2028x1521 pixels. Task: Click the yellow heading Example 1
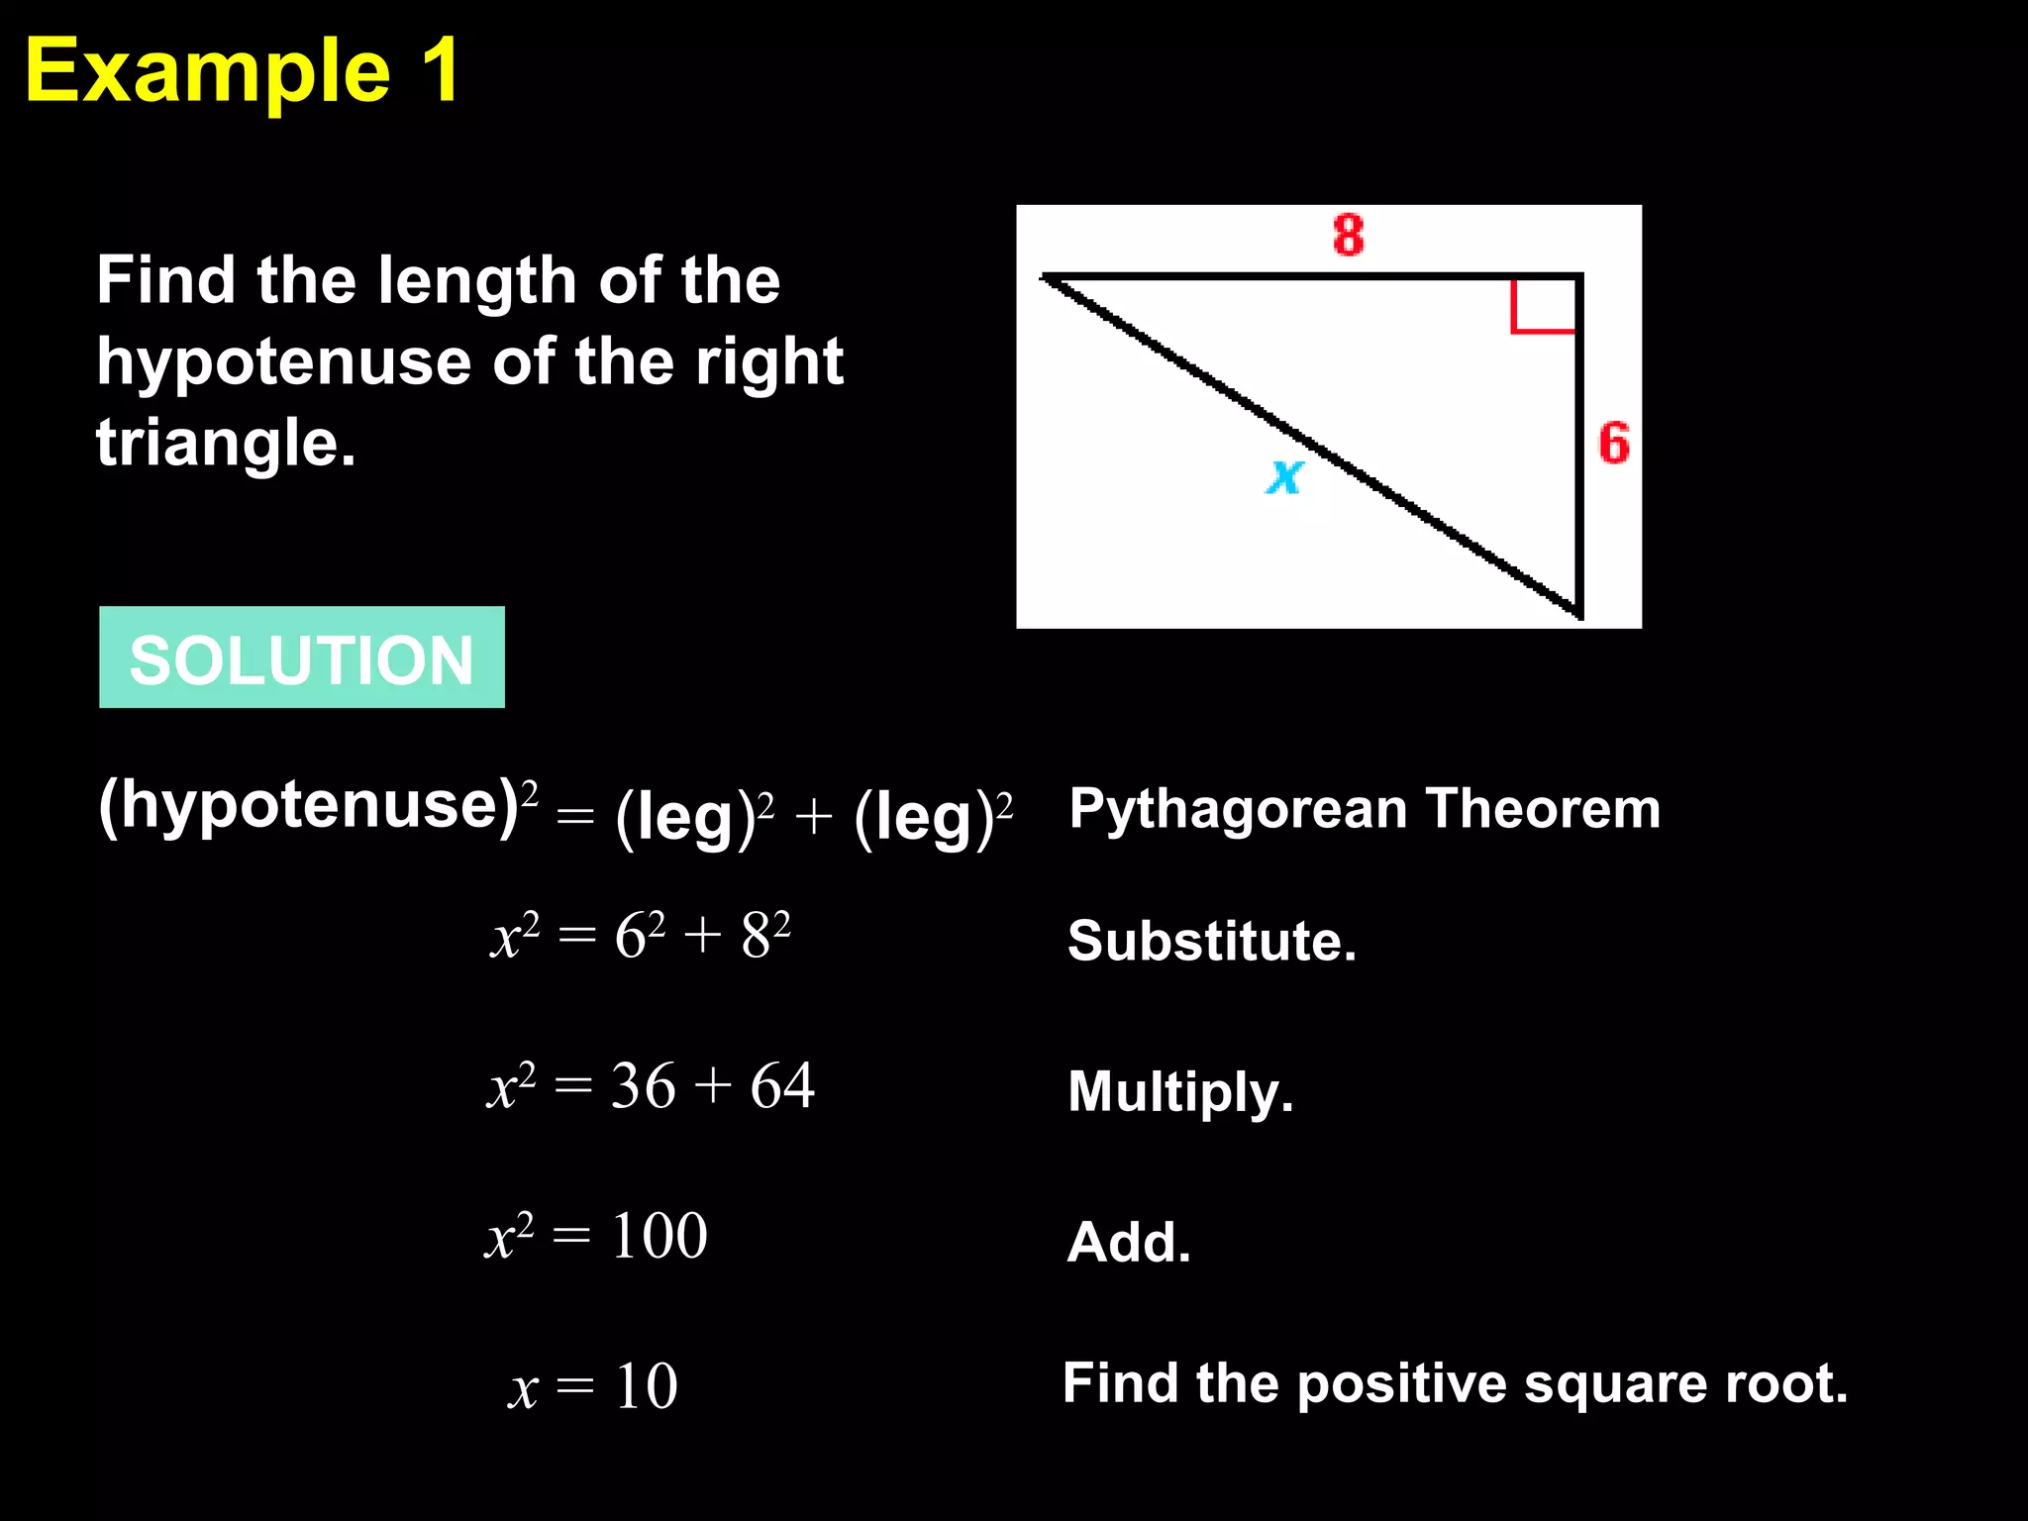coord(243,71)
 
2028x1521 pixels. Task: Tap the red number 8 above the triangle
coord(1348,236)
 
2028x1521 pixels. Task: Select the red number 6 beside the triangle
coord(1614,443)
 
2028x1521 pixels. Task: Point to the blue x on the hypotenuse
coord(1285,476)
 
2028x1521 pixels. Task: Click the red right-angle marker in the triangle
coord(1541,308)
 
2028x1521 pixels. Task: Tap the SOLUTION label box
coord(302,658)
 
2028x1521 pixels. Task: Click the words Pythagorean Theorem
coord(1364,808)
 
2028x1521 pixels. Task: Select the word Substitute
coord(1211,941)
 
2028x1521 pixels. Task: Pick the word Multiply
coord(1180,1092)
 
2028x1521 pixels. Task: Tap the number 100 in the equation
coord(659,1236)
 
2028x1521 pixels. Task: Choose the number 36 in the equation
coord(643,1086)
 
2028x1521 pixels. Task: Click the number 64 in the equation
coord(782,1086)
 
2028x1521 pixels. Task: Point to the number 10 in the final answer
coord(647,1385)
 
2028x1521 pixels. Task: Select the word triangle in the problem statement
coord(225,443)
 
